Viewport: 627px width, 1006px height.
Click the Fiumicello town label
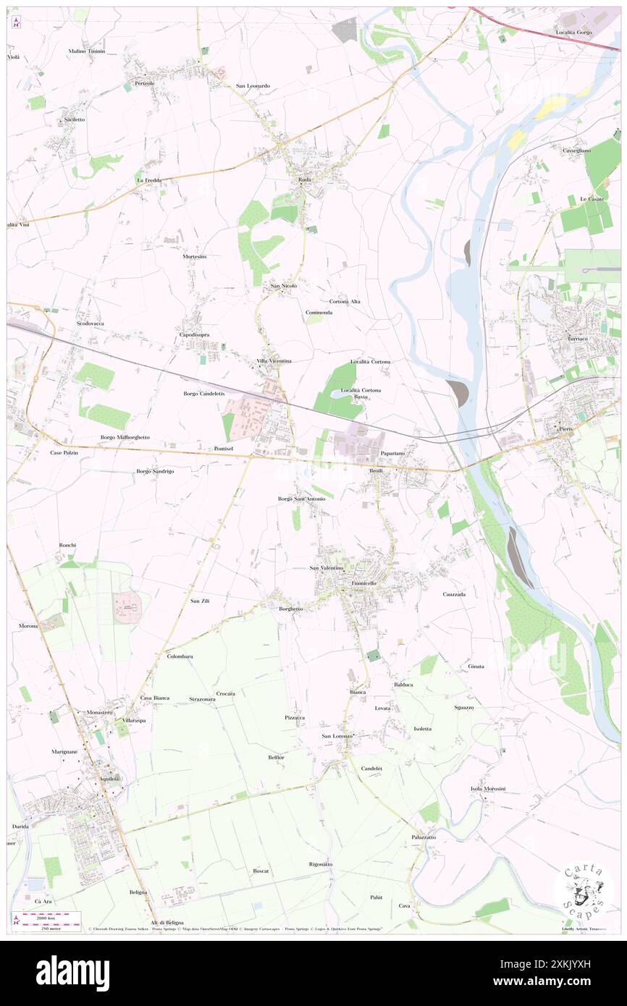[x=363, y=583]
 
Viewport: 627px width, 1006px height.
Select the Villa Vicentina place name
[x=274, y=360]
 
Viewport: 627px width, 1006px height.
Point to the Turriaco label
[x=579, y=339]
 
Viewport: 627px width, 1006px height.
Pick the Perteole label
[x=144, y=83]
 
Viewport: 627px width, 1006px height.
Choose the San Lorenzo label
[x=337, y=736]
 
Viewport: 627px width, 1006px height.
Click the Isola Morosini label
[x=487, y=788]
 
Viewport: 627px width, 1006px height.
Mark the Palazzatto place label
[x=424, y=837]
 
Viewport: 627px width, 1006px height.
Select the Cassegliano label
[x=576, y=150]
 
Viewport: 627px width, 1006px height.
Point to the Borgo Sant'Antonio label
[x=302, y=499]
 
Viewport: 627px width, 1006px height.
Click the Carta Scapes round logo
[x=584, y=892]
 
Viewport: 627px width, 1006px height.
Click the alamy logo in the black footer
[x=72, y=972]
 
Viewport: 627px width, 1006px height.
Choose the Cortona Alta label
[x=345, y=301]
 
